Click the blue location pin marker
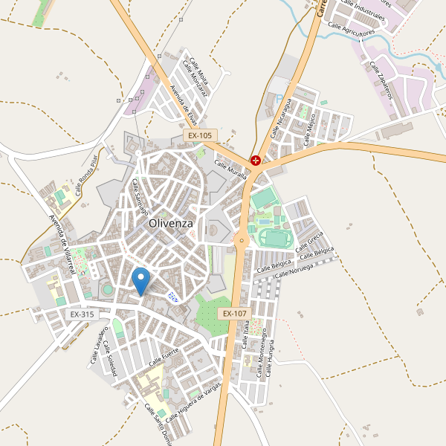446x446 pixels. (140, 281)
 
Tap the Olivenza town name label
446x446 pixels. (171, 222)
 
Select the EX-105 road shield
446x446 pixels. (199, 136)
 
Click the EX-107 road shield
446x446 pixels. (234, 314)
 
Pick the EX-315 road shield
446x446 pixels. (83, 314)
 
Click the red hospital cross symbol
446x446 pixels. (256, 160)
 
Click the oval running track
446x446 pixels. (274, 238)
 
